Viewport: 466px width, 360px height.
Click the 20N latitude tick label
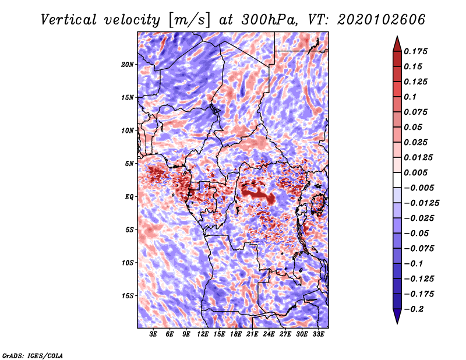click(128, 64)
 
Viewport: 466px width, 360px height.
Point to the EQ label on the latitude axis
click(129, 197)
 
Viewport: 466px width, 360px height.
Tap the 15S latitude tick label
click(128, 296)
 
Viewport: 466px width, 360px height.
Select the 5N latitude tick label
click(129, 164)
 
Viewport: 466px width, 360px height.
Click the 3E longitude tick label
click(153, 335)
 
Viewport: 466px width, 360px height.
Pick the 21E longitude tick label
click(252, 335)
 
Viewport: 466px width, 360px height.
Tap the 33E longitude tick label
click(318, 335)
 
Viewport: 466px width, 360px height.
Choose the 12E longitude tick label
click(203, 335)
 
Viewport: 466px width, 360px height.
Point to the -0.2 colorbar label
click(415, 309)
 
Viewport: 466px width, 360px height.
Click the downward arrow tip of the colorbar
click(397, 322)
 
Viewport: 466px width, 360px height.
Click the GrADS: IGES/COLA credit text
click(32, 355)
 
